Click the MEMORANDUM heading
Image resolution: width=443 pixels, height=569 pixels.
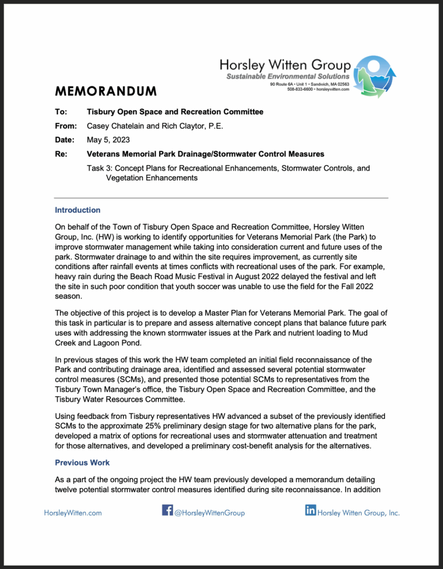(106, 91)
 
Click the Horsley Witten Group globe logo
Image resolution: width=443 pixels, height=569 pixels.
(375, 76)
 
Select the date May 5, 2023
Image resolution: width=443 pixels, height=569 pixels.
(108, 139)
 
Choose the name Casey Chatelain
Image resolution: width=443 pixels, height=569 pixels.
(115, 126)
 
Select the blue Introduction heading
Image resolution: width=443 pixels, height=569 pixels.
(77, 210)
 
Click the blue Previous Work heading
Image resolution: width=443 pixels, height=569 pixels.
(82, 462)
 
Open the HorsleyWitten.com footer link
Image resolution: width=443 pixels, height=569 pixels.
(73, 513)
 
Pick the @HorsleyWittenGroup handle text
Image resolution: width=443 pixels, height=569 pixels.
(209, 513)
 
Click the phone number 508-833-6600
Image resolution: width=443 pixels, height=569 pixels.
(300, 89)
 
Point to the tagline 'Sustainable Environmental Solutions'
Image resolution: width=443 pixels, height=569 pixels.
(288, 76)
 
